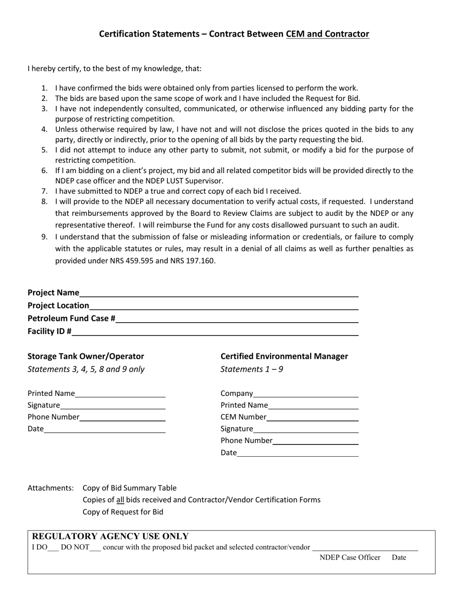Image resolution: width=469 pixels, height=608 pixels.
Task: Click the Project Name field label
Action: click(53, 293)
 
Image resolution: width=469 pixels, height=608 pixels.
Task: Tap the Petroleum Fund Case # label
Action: click(72, 318)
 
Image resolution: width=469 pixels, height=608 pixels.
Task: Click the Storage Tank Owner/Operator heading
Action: click(86, 356)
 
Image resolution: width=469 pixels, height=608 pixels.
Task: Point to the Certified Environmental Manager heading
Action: click(284, 356)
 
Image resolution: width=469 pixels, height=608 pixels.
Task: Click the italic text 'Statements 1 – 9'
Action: click(252, 369)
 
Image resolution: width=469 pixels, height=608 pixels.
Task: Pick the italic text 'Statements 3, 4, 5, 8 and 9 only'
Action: click(86, 369)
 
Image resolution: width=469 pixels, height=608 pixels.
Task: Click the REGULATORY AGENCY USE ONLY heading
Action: click(110, 536)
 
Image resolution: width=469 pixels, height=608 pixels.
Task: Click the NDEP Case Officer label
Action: click(350, 558)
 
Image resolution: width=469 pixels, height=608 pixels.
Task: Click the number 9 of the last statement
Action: click(44, 237)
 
